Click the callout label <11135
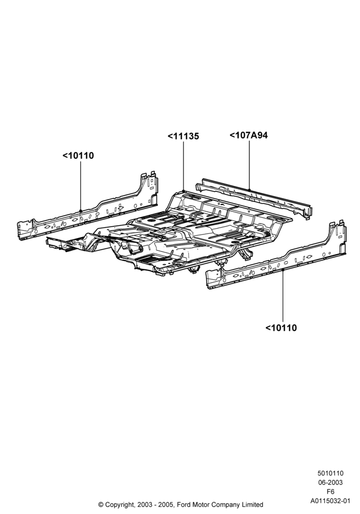(183, 136)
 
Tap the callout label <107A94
(248, 135)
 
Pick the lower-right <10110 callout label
(281, 327)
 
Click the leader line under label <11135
(183, 166)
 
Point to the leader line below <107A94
(249, 165)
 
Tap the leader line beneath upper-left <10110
(81, 186)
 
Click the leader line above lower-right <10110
(283, 296)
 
